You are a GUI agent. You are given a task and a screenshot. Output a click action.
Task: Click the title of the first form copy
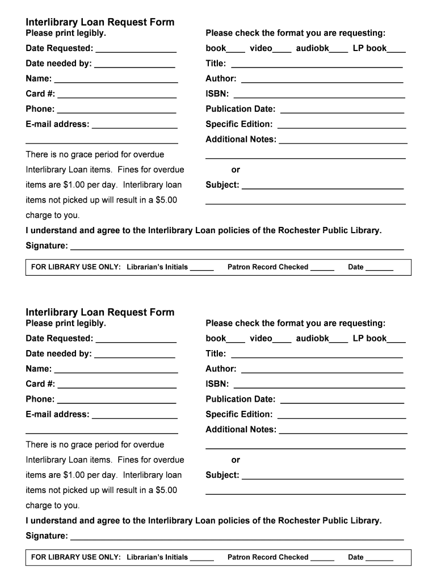(100, 22)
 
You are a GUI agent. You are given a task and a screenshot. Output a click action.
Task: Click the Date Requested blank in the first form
(136, 49)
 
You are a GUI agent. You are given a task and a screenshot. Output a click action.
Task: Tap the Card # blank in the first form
(117, 95)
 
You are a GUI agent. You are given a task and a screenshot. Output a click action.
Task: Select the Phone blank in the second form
(117, 400)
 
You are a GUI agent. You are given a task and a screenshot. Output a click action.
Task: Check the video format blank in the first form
(282, 49)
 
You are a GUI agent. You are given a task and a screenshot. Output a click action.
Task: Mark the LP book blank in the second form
(396, 339)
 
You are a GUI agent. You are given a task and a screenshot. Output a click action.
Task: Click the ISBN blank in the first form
(320, 95)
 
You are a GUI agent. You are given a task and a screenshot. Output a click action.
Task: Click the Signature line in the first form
(237, 247)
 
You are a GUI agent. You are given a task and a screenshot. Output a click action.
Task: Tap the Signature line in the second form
(237, 537)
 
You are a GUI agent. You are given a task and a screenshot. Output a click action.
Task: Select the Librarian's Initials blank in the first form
(201, 268)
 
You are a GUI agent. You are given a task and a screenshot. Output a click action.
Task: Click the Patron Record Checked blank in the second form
(322, 558)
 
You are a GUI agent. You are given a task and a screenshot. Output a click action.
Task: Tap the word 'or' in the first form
(236, 170)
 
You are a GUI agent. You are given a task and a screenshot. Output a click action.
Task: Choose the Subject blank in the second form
(322, 476)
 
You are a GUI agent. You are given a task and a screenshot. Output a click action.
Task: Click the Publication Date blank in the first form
(342, 110)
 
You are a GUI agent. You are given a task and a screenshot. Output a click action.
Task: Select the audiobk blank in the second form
(339, 339)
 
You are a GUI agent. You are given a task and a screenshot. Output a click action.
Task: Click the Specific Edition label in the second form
(239, 414)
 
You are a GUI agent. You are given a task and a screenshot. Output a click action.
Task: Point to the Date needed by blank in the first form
(135, 65)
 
